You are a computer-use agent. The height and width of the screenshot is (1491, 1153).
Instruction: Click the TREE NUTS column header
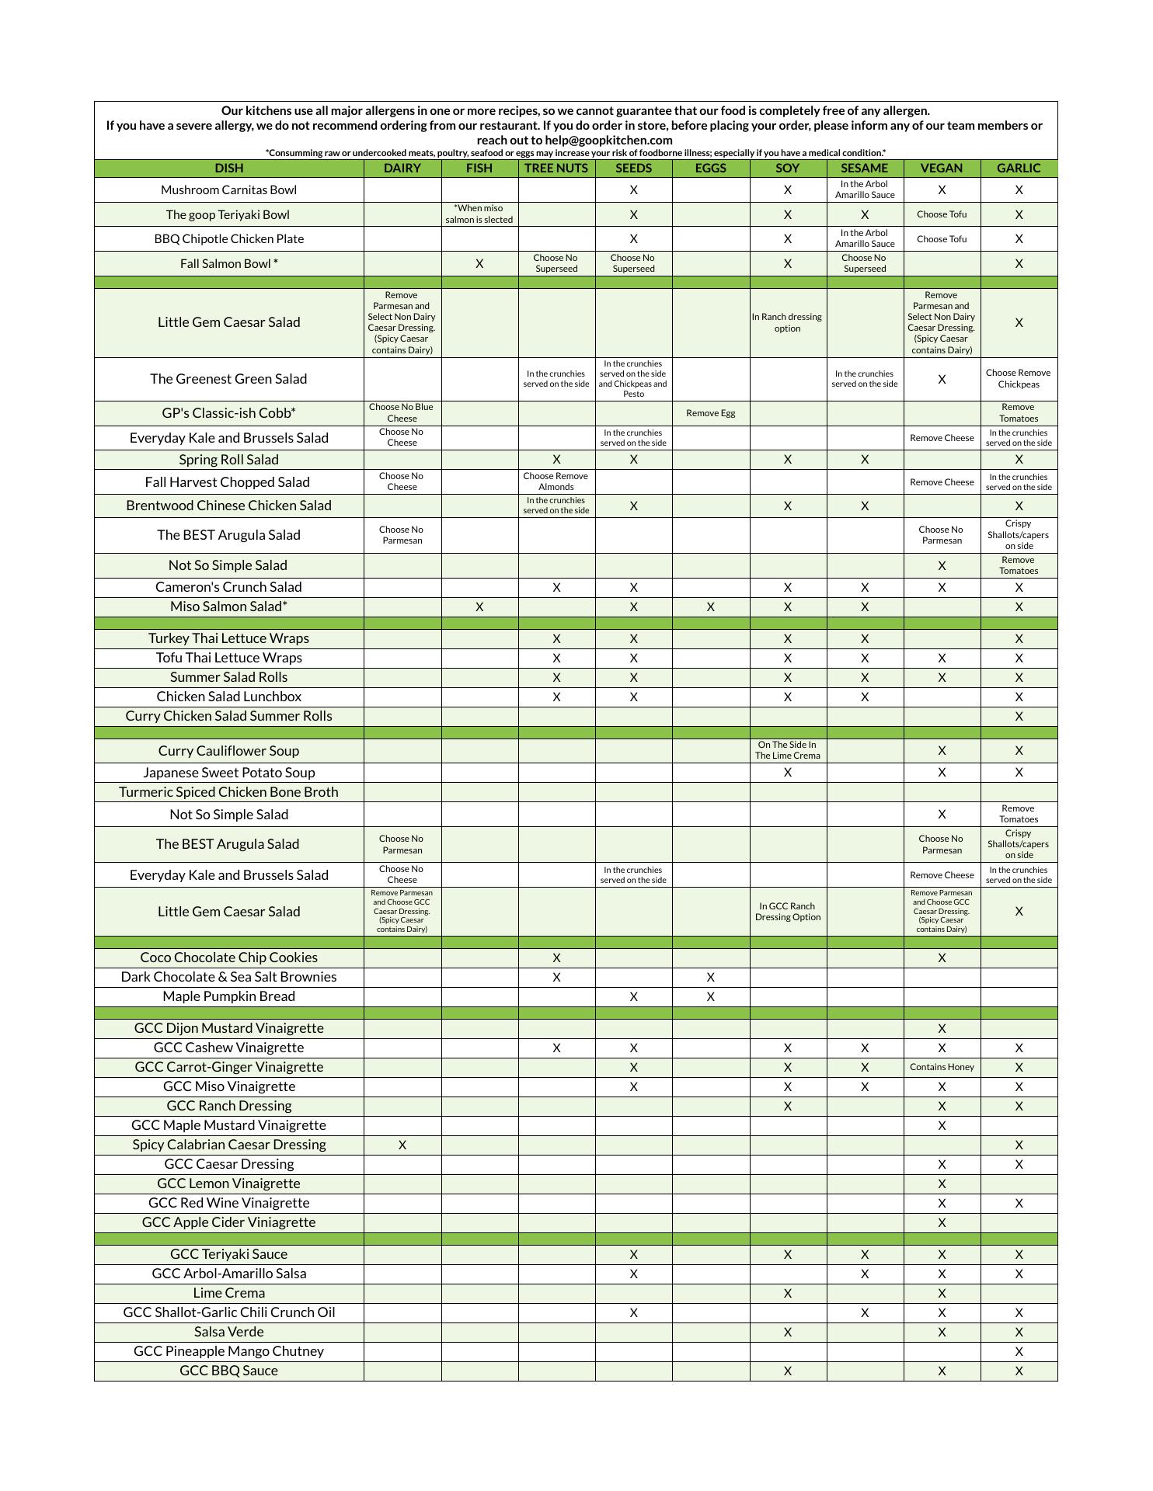pos(556,169)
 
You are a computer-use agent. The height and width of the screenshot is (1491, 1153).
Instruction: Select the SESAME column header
pos(864,169)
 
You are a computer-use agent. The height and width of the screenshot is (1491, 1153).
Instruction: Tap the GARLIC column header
pos(1018,169)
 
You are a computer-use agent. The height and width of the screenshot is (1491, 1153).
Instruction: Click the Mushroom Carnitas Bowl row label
pos(228,190)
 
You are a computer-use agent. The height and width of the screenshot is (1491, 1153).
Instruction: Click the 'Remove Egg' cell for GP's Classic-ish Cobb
pos(710,413)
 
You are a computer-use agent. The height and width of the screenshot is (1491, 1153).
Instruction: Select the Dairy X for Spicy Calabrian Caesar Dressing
pos(402,1145)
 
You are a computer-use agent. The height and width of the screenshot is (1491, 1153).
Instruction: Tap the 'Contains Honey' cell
pos(941,1068)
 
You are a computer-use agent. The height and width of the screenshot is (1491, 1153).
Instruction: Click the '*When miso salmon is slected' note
pos(479,214)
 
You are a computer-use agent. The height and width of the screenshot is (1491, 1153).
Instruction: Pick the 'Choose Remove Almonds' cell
pos(556,482)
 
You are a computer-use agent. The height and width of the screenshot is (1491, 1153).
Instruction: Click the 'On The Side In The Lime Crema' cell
pos(787,751)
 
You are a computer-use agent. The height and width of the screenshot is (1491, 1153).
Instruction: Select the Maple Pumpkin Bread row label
pos(228,997)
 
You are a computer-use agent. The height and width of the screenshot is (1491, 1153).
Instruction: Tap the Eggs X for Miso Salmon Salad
pos(710,607)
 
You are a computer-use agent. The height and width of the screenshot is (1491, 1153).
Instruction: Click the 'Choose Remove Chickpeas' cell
pos(1018,379)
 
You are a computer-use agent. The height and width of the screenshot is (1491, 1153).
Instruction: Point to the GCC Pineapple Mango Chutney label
pos(228,1352)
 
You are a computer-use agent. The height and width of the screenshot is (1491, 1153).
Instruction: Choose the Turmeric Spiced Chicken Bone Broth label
pos(228,793)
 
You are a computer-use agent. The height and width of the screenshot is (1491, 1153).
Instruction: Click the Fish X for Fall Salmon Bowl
pos(479,264)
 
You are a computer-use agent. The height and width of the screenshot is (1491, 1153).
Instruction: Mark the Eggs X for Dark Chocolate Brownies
pos(710,978)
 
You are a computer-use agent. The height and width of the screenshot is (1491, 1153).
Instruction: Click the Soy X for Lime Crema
pos(787,1294)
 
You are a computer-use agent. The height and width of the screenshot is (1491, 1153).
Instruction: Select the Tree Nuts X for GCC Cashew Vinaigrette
pos(556,1048)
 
